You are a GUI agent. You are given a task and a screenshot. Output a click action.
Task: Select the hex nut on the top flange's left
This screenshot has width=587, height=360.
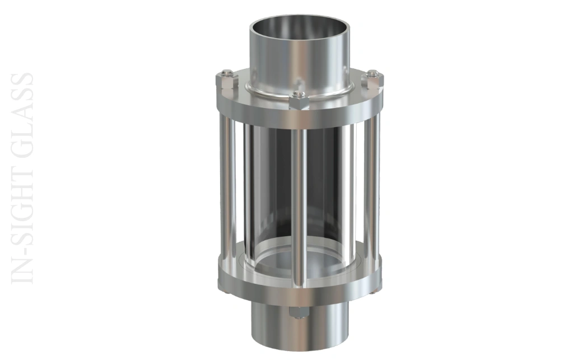227,82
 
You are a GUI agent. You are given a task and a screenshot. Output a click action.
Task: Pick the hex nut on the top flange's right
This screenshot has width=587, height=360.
373,81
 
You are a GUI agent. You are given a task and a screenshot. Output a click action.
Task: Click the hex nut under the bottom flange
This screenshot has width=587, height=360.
298,312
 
